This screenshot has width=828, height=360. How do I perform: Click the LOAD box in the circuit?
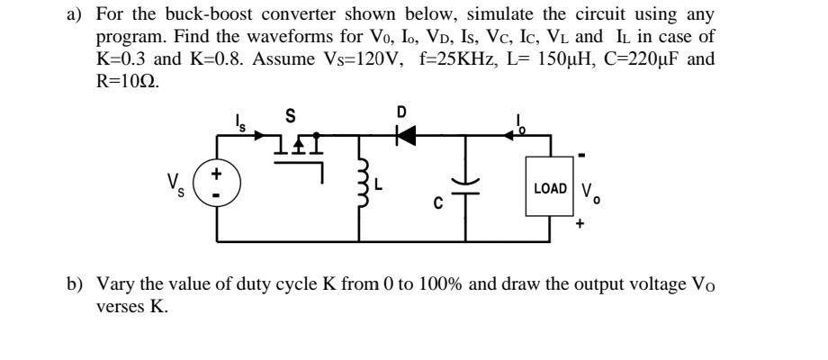point(550,189)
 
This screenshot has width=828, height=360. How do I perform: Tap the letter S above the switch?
point(290,116)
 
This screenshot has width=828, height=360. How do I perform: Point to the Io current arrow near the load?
point(522,132)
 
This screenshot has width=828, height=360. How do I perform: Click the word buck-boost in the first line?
point(194,15)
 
